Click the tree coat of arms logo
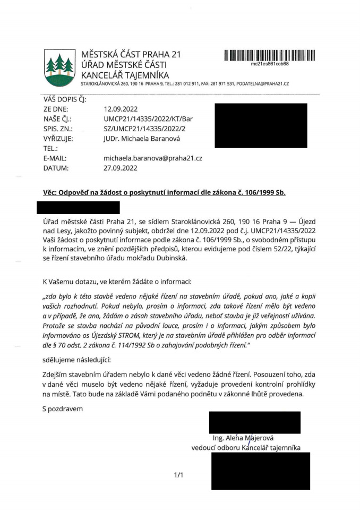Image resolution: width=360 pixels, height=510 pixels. tap(59, 67)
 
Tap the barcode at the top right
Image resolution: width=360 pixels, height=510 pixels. tap(269, 55)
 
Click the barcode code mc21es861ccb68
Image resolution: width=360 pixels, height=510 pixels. tap(270, 64)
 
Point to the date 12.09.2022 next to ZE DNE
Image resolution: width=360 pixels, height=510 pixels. tap(121, 109)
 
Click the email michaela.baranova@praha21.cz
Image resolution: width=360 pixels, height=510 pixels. tap(153, 158)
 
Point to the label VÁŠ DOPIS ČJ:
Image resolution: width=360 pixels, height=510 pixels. tap(65, 99)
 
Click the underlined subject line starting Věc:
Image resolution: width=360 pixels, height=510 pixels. tap(164, 192)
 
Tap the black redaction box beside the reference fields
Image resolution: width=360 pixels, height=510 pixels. tap(261, 125)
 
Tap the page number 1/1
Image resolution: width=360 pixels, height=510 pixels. tap(178, 475)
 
